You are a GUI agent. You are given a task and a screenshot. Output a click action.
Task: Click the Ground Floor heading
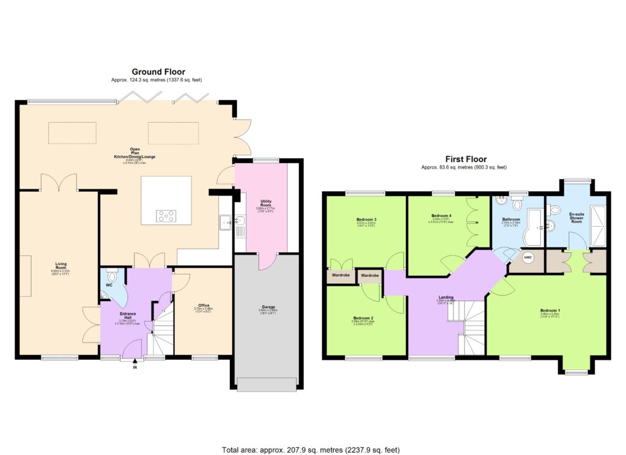coord(158,71)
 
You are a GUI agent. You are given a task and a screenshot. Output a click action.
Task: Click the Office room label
coord(204,305)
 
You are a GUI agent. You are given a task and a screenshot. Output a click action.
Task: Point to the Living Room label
coord(60,266)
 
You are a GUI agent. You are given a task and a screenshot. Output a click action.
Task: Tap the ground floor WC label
coord(109,285)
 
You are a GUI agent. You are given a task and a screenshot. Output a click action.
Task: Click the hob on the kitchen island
coord(166,215)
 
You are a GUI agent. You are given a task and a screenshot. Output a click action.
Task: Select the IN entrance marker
coord(134,367)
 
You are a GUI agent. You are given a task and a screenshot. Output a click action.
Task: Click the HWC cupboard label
coord(528,258)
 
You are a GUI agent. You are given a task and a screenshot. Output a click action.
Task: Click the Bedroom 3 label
coord(366,219)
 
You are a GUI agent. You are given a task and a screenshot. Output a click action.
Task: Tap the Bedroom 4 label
coord(441,216)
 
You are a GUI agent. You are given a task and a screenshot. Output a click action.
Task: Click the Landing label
coord(445,297)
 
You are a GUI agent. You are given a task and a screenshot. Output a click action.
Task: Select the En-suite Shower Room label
coord(576,217)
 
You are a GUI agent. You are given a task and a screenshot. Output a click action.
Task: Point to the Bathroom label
coord(511,219)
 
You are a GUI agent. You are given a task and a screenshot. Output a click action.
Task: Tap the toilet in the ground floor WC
coord(111,274)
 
